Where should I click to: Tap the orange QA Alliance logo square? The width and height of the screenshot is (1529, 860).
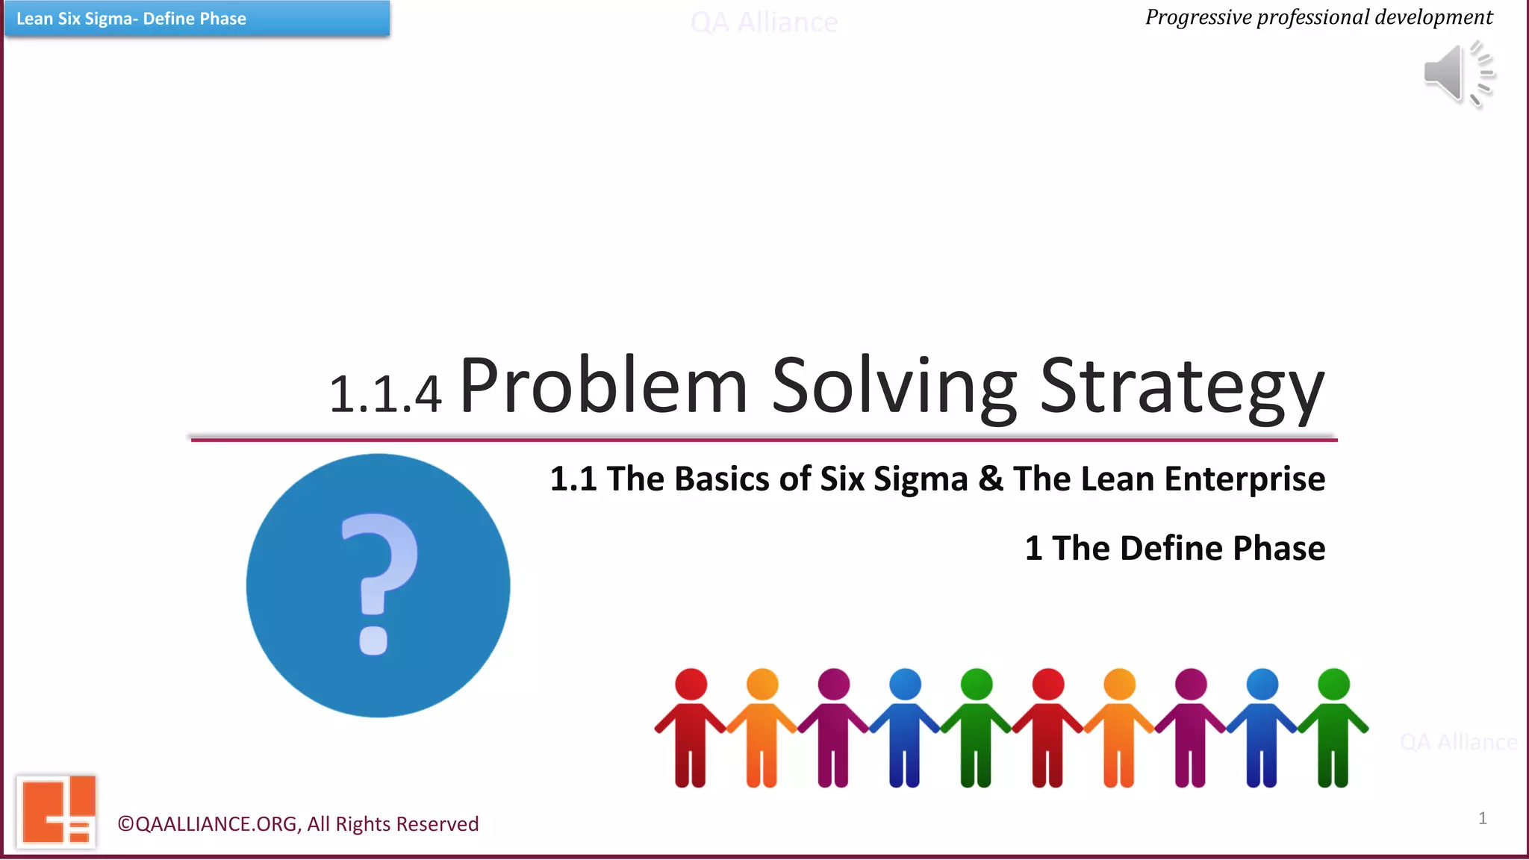[x=57, y=811]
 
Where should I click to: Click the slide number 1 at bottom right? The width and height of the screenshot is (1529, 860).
[x=1482, y=818]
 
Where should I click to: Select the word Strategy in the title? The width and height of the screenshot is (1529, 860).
[x=1181, y=387]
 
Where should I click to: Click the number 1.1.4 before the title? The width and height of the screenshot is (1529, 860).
[x=385, y=395]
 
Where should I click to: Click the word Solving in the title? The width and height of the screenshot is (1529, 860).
[x=893, y=387]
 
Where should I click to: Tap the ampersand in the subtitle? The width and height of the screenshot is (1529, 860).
[x=990, y=479]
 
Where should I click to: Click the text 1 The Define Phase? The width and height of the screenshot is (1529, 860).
[x=1174, y=548]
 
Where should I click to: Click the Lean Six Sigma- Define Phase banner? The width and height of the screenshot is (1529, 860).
[x=196, y=19]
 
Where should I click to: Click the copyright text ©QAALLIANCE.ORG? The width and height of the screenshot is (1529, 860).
[x=298, y=823]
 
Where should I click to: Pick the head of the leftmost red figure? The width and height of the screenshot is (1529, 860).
[x=691, y=684]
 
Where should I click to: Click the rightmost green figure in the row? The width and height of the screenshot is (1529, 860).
[x=1333, y=728]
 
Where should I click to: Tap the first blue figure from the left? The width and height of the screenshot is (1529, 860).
[x=905, y=728]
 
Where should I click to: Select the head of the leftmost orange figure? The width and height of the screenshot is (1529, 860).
[x=762, y=684]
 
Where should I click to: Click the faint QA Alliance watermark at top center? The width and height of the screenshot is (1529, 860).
[x=764, y=23]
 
